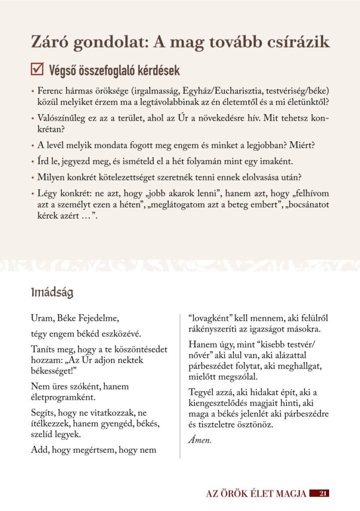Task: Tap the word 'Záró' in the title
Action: [x=49, y=42]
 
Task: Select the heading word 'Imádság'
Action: [x=52, y=292]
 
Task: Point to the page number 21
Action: [x=322, y=494]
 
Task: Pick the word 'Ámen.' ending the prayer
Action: [x=200, y=440]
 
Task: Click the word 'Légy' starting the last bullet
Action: [x=46, y=194]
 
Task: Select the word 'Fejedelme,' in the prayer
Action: [x=100, y=318]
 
